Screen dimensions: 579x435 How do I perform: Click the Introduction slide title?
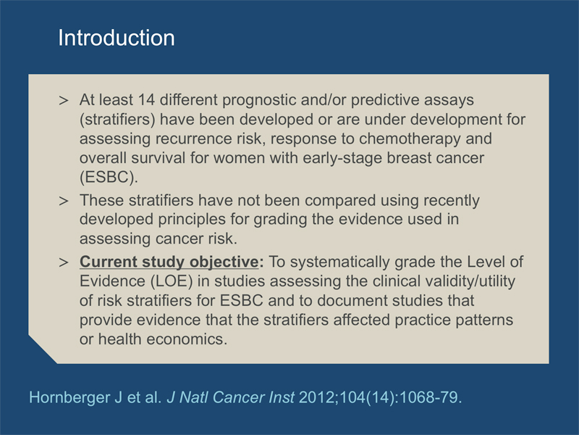tap(117, 38)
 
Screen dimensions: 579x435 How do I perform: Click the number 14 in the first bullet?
tap(146, 100)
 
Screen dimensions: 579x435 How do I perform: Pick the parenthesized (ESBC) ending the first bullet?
tap(107, 178)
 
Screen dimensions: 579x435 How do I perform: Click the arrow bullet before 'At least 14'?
tap(64, 101)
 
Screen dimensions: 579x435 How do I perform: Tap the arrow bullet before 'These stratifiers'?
tap(64, 201)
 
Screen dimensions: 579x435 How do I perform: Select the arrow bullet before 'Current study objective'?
tap(64, 262)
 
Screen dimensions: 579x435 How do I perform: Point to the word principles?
tap(192, 220)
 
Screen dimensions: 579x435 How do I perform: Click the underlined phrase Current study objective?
tap(169, 262)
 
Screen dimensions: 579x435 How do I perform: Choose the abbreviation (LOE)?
tap(172, 281)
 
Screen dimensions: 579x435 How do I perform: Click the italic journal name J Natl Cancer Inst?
tap(230, 397)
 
